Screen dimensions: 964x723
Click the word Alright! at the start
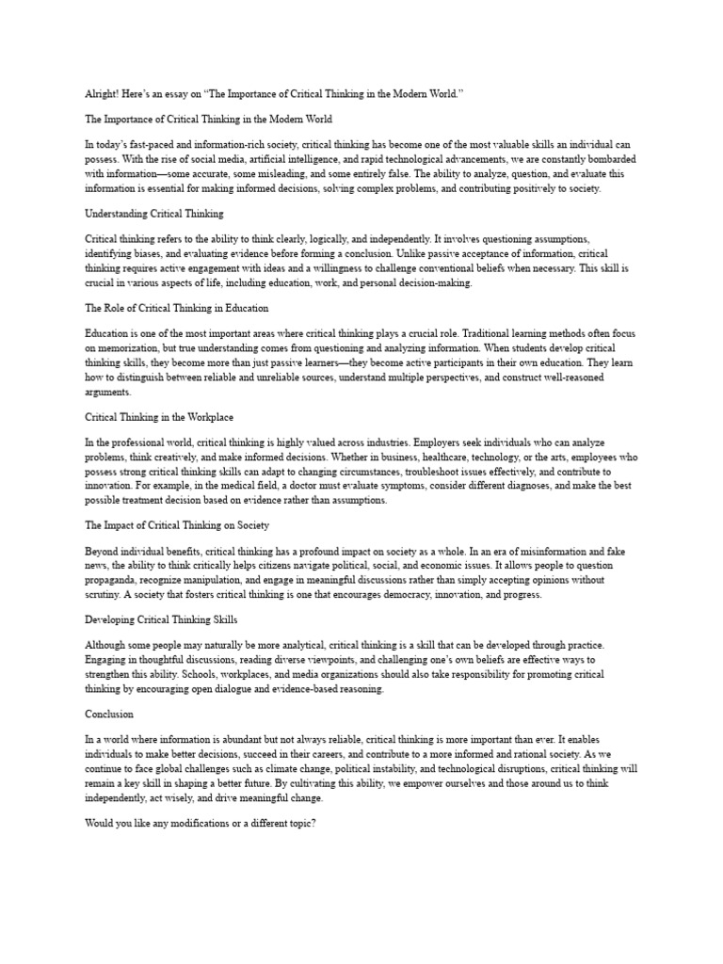tap(101, 94)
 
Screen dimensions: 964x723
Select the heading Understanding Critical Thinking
tap(154, 214)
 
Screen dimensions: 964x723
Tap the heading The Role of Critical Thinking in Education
tap(178, 308)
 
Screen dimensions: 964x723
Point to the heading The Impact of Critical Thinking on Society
tap(177, 524)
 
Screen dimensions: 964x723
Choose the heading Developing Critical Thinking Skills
tap(161, 619)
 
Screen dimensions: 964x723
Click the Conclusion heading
tap(109, 715)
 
